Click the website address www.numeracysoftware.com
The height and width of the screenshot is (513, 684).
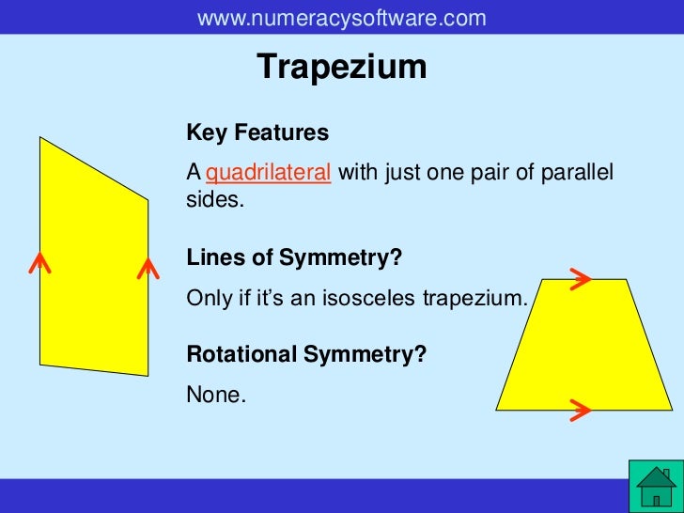point(342,18)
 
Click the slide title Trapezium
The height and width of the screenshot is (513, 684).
point(342,67)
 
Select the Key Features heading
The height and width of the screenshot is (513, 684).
point(257,133)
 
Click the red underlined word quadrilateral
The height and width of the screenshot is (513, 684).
point(268,174)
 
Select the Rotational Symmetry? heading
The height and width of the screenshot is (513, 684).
point(306,354)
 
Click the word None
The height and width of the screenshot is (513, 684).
point(215,395)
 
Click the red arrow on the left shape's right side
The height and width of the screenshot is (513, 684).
point(147,268)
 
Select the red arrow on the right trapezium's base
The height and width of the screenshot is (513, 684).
point(580,409)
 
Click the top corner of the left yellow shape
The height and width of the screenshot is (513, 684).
point(40,138)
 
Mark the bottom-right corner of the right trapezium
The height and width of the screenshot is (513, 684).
point(671,410)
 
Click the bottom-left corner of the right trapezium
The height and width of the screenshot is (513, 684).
point(497,410)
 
